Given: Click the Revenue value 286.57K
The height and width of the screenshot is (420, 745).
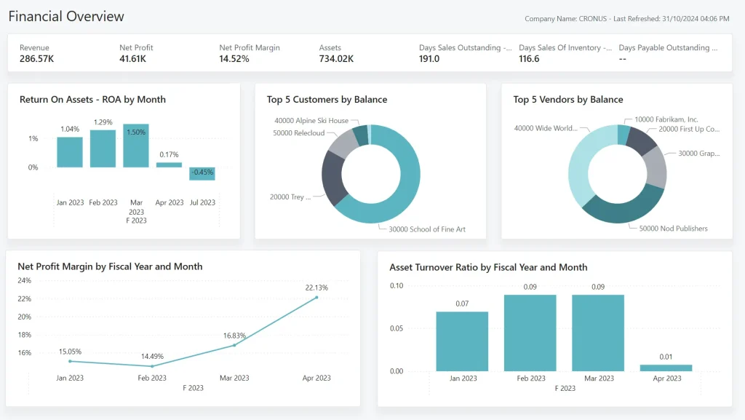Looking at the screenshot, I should point(36,59).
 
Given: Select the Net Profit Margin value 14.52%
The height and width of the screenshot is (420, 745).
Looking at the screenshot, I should point(234,59).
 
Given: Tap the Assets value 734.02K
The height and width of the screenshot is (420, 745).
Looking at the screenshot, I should point(336,59).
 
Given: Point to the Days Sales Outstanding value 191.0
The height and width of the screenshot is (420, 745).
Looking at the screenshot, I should point(429,59).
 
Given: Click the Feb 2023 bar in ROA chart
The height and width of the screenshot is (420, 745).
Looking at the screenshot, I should point(103,148).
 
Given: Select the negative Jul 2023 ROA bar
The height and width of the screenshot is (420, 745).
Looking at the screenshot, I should point(202,174).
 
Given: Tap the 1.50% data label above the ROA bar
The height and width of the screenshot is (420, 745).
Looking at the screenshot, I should point(136,132).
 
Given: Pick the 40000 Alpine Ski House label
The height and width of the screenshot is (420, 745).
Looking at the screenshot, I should point(311,121).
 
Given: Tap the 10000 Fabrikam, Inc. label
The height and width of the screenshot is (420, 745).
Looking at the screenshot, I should point(666,119).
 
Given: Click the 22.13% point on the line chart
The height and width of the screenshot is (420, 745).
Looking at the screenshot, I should point(316,297).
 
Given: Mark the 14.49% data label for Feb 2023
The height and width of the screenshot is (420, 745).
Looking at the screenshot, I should point(152,357).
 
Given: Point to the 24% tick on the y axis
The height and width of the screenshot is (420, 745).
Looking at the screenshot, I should point(24,280).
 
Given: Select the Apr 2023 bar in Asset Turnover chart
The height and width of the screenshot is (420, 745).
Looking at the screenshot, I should point(666,368).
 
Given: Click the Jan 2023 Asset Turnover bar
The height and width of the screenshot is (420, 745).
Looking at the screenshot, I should point(462,341).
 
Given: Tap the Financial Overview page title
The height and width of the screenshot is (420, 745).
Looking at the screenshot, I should point(66,16).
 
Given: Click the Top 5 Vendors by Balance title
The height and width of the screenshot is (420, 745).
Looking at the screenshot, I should point(568,100).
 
